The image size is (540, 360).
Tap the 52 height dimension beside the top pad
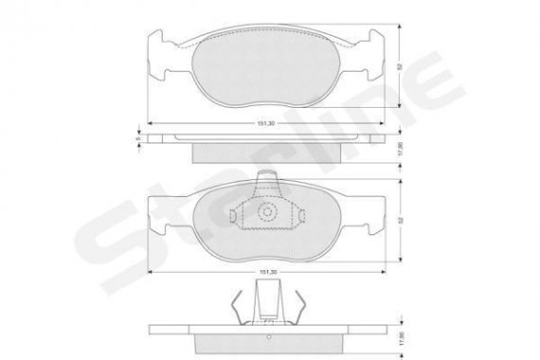point(402,67)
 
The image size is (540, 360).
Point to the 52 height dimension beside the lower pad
point(402,220)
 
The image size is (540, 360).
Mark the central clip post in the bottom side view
point(269,303)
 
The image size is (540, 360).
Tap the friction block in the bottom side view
point(269,340)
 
